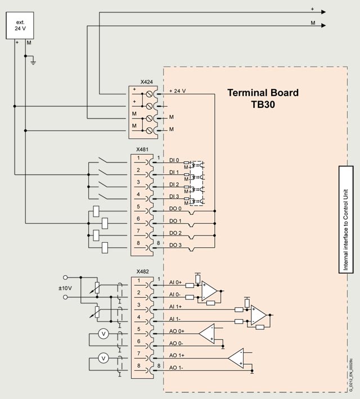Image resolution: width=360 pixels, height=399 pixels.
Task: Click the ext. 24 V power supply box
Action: point(20,25)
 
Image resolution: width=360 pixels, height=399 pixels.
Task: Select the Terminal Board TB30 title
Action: point(263,99)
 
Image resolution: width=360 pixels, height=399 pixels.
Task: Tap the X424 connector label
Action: point(146,82)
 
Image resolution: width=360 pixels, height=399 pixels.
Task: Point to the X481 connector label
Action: point(143,151)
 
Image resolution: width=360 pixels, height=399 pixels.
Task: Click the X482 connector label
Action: point(143,271)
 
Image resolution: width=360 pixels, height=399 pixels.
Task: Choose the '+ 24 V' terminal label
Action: point(177,91)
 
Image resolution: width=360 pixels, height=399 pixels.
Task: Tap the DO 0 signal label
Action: point(176,209)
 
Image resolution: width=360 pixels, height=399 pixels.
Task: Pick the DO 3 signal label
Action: point(176,245)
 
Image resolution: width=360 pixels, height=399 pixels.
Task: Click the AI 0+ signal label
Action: point(175,283)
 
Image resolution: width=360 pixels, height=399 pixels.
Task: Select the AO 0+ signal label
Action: point(176,332)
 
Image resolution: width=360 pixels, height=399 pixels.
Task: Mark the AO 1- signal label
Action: point(176,368)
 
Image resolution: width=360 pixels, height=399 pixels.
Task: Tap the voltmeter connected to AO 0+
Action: point(103,334)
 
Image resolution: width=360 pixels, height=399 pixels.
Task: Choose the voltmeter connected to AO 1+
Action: point(103,358)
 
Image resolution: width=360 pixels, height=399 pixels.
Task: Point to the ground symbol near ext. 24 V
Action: point(33,61)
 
